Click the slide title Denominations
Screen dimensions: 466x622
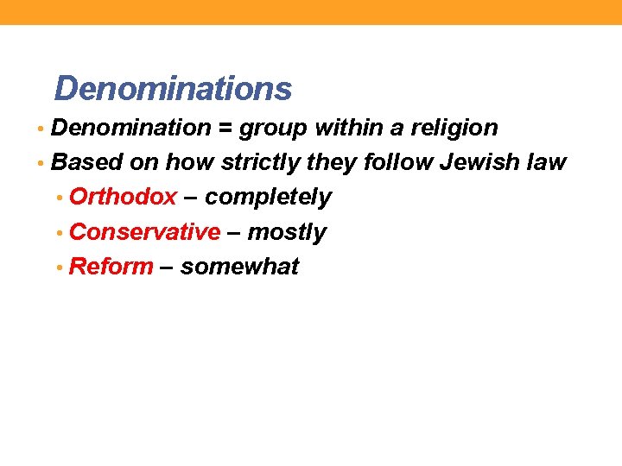173,88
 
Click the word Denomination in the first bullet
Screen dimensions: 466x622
131,128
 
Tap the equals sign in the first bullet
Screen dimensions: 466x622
225,129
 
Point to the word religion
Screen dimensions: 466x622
454,128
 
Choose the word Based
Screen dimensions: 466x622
88,162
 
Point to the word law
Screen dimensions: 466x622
549,162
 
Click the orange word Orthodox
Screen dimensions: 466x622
123,197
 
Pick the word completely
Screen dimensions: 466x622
269,198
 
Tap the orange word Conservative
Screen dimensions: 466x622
144,232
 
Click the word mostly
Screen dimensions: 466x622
288,233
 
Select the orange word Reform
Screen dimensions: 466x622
111,267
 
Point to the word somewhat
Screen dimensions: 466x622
239,267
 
